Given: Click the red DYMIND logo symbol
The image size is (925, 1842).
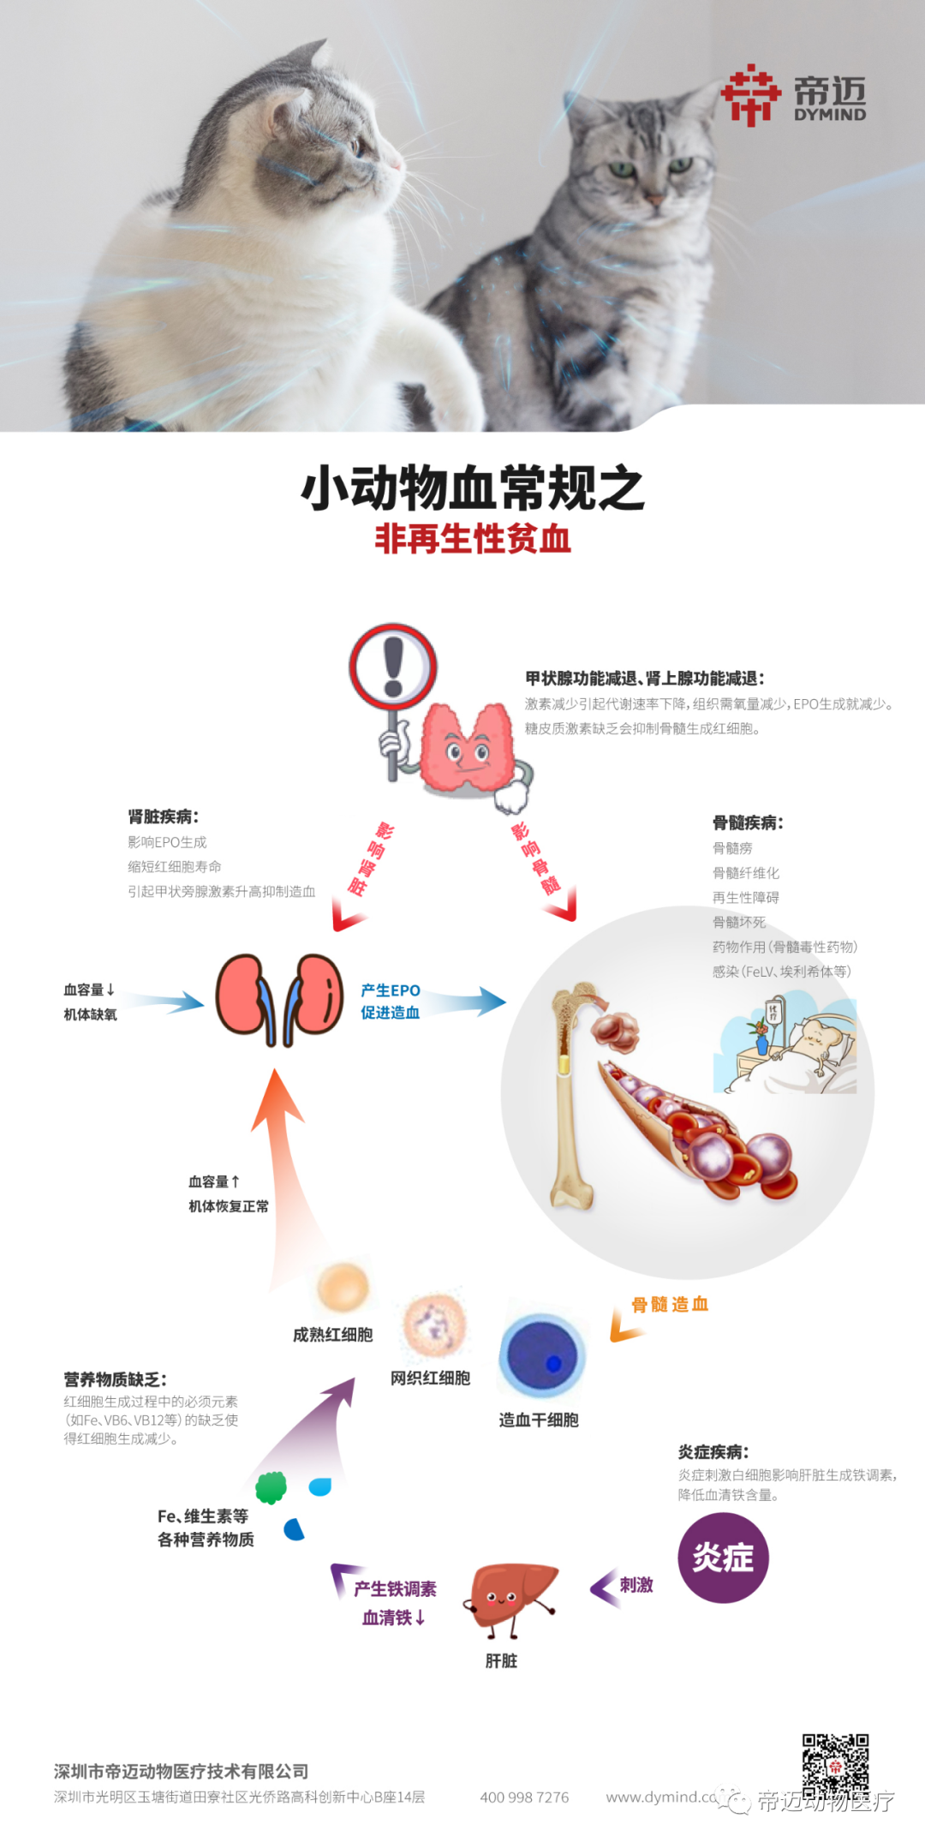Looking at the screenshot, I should point(750,95).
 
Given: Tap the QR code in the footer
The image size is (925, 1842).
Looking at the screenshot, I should point(835,1767).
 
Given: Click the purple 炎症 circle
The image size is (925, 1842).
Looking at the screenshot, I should point(723,1558).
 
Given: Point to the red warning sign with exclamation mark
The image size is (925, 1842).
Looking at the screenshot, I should point(393,667).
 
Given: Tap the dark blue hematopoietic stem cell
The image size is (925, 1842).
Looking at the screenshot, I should point(542,1356).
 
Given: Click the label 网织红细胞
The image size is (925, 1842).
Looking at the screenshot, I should point(430,1378).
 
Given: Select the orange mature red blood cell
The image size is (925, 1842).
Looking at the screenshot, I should point(343,1286).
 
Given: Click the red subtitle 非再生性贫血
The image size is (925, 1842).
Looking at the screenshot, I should point(473,539).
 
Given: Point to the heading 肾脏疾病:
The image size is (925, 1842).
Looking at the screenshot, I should point(164,816).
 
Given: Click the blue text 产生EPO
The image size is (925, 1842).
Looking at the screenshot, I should point(391,990).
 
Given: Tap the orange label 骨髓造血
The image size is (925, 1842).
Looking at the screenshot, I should point(670,1305).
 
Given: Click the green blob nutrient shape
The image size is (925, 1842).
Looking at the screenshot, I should point(272,1487).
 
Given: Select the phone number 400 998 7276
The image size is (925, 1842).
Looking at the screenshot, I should point(524,1797).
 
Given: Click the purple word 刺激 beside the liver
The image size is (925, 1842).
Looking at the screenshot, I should point(636,1585).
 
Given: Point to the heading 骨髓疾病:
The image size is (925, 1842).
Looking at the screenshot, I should point(748,822).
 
